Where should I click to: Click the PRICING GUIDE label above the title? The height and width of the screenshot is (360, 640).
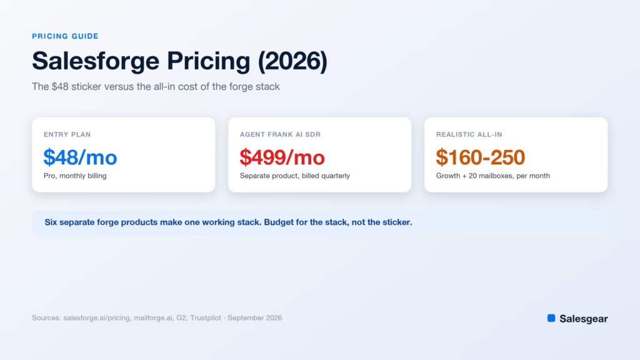[x=65, y=36]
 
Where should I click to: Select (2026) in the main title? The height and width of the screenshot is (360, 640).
[x=292, y=61]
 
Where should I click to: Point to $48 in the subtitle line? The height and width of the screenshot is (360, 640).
[x=60, y=86]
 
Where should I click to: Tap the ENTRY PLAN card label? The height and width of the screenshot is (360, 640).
[x=67, y=134]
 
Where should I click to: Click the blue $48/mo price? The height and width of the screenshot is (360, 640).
[x=81, y=157]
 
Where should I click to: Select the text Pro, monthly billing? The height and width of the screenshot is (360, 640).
[x=75, y=176]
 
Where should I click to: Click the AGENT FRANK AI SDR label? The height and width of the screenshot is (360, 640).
[x=281, y=134]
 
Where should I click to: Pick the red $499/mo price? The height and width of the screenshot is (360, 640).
[x=282, y=157]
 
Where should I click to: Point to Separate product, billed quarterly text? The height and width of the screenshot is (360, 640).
[x=295, y=176]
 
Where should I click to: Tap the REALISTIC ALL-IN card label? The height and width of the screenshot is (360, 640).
[x=469, y=134]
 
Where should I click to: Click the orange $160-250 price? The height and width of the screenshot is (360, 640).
[x=481, y=157]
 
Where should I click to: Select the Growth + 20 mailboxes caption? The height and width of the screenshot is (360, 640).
[x=493, y=176]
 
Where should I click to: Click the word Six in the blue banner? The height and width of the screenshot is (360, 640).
[x=51, y=222]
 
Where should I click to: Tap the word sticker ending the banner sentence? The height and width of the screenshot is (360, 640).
[x=396, y=222]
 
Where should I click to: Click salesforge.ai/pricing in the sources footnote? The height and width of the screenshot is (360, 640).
[x=97, y=318]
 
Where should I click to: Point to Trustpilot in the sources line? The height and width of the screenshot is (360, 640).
[x=205, y=318]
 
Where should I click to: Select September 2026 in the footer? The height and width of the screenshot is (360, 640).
[x=255, y=318]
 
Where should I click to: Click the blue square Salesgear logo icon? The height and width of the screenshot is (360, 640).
[x=551, y=318]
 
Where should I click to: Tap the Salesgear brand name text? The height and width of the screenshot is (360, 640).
[x=584, y=319]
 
